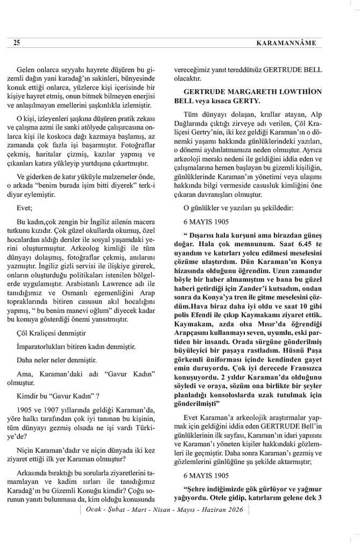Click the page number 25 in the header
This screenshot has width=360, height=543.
click(17, 42)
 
